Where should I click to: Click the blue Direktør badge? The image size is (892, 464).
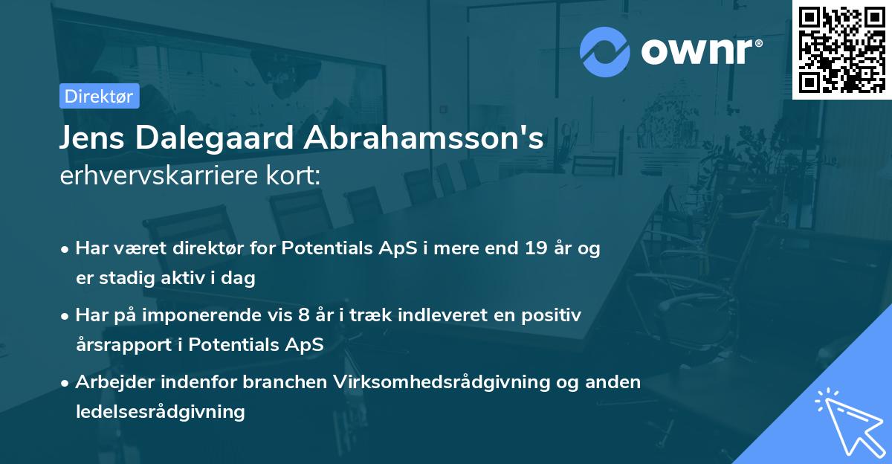[x=100, y=96]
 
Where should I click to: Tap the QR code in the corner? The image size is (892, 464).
[x=841, y=49]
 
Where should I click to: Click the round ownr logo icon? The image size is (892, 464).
[x=605, y=51]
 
